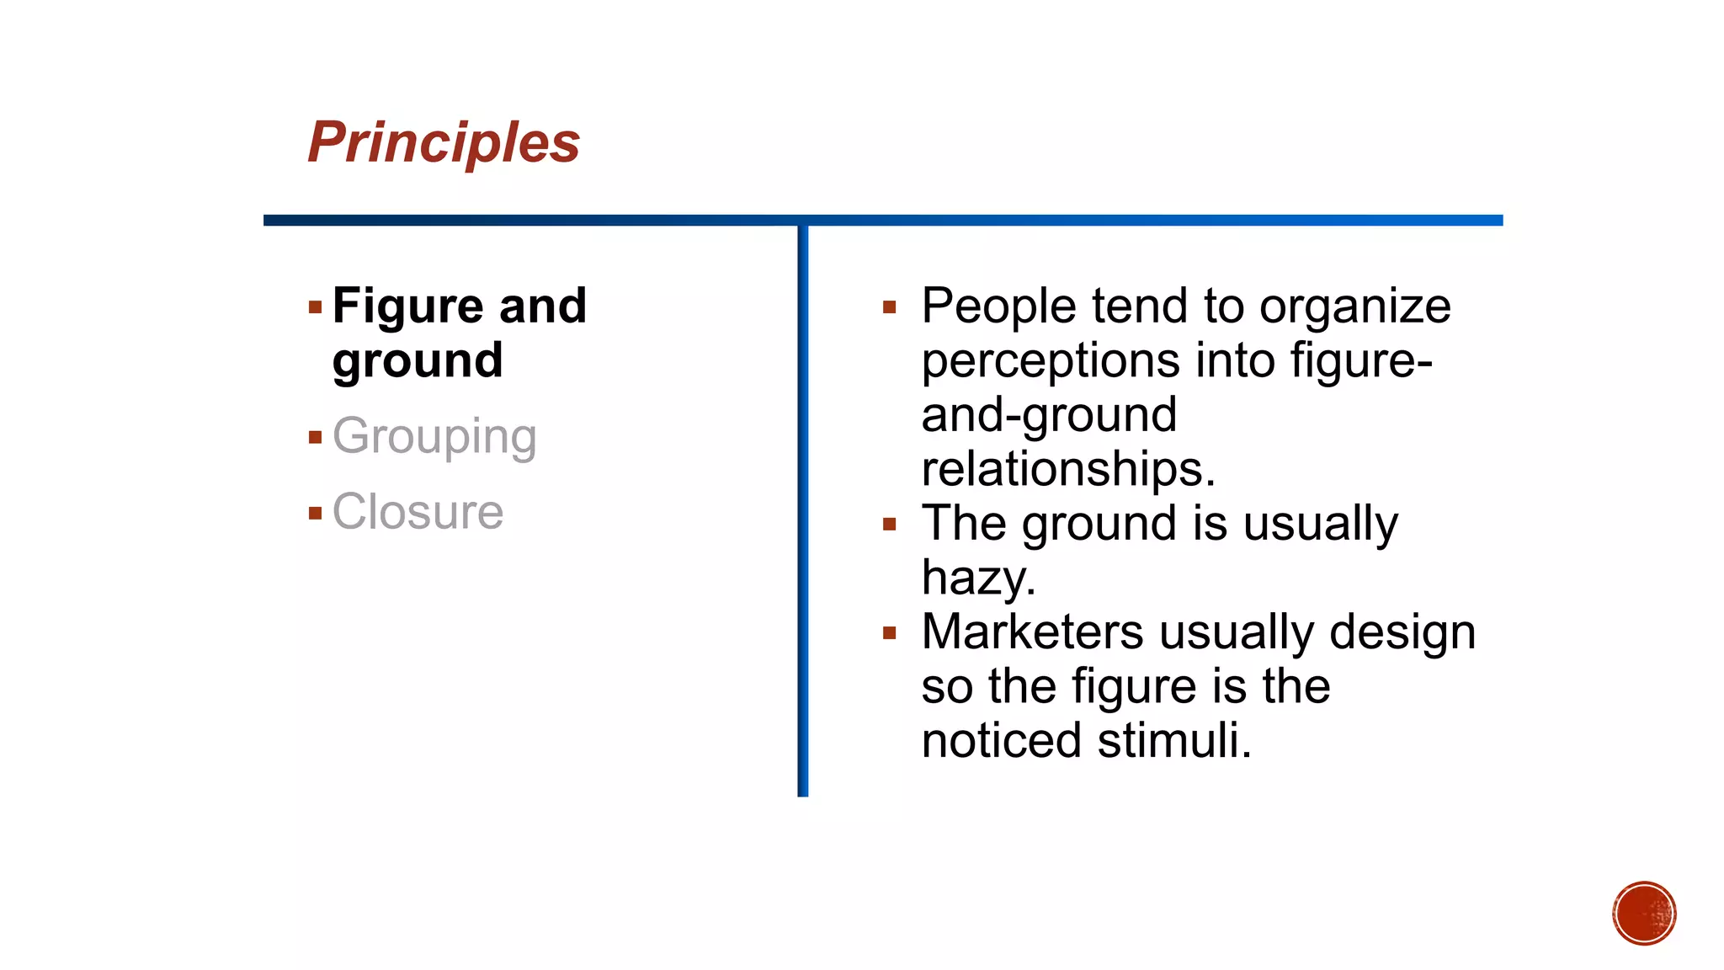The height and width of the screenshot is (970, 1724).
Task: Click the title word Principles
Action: (444, 142)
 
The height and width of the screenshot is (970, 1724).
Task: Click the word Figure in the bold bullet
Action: (407, 306)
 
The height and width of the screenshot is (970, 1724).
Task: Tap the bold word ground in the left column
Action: (418, 360)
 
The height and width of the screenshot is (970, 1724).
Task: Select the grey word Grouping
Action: (434, 436)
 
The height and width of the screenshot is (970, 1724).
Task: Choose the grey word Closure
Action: (418, 512)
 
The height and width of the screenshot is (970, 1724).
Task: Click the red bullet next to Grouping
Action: (315, 437)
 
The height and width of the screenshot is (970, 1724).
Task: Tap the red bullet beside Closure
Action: (315, 513)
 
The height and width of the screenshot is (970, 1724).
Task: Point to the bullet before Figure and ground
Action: (315, 307)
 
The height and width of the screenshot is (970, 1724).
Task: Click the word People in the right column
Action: (998, 306)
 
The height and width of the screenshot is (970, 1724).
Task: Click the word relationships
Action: (1067, 469)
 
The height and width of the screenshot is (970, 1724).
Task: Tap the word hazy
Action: (977, 578)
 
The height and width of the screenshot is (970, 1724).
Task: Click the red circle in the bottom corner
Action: (1644, 914)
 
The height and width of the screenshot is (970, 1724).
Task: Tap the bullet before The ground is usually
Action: (889, 525)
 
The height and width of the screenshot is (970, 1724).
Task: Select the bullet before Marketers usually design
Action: (889, 633)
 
